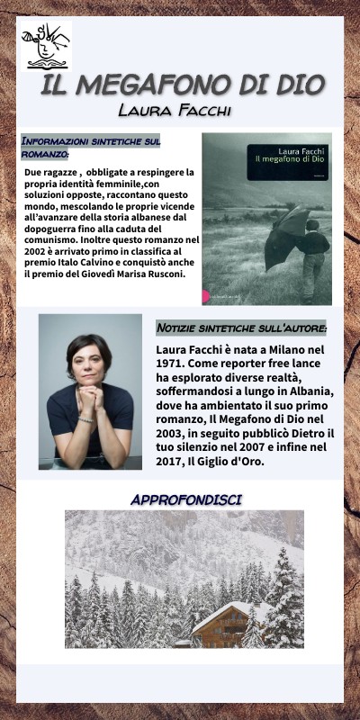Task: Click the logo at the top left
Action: [46, 46]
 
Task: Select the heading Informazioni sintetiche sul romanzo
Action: [90, 148]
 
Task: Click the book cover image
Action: [266, 218]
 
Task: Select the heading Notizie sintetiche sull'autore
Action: [241, 328]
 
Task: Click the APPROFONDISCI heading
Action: [186, 499]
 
